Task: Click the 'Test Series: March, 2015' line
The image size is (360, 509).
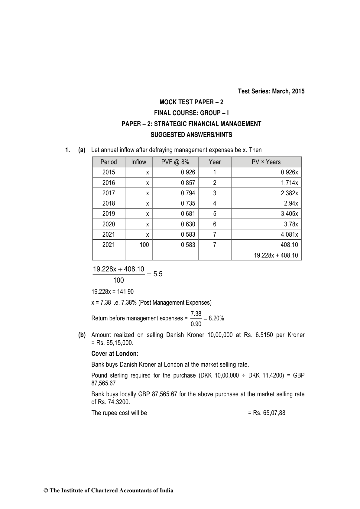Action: (x=271, y=91)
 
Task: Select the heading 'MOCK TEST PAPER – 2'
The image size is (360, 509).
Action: (x=191, y=102)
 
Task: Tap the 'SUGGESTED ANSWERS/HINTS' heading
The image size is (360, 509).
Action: (x=191, y=135)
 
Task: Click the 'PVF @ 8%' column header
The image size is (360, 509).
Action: (x=175, y=162)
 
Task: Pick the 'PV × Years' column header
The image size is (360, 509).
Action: (x=266, y=162)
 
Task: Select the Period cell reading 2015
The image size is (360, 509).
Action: (x=109, y=172)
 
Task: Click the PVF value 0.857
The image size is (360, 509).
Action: (x=188, y=183)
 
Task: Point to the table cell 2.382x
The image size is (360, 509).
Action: (x=289, y=193)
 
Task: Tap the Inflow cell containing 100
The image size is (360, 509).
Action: (x=144, y=245)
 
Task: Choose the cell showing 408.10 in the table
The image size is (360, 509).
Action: (x=289, y=245)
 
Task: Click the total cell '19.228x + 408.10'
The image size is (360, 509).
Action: (x=276, y=255)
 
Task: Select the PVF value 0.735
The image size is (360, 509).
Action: (x=188, y=203)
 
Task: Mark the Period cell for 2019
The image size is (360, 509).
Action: (x=109, y=214)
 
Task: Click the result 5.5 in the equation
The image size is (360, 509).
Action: (x=158, y=274)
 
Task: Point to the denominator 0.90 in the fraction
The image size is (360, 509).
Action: (x=196, y=324)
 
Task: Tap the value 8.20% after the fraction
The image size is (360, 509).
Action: (x=216, y=318)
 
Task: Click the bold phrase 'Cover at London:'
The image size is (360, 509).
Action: (x=115, y=354)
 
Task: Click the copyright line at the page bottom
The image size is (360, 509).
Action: (x=109, y=491)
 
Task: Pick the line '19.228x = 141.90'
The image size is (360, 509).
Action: (x=112, y=292)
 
